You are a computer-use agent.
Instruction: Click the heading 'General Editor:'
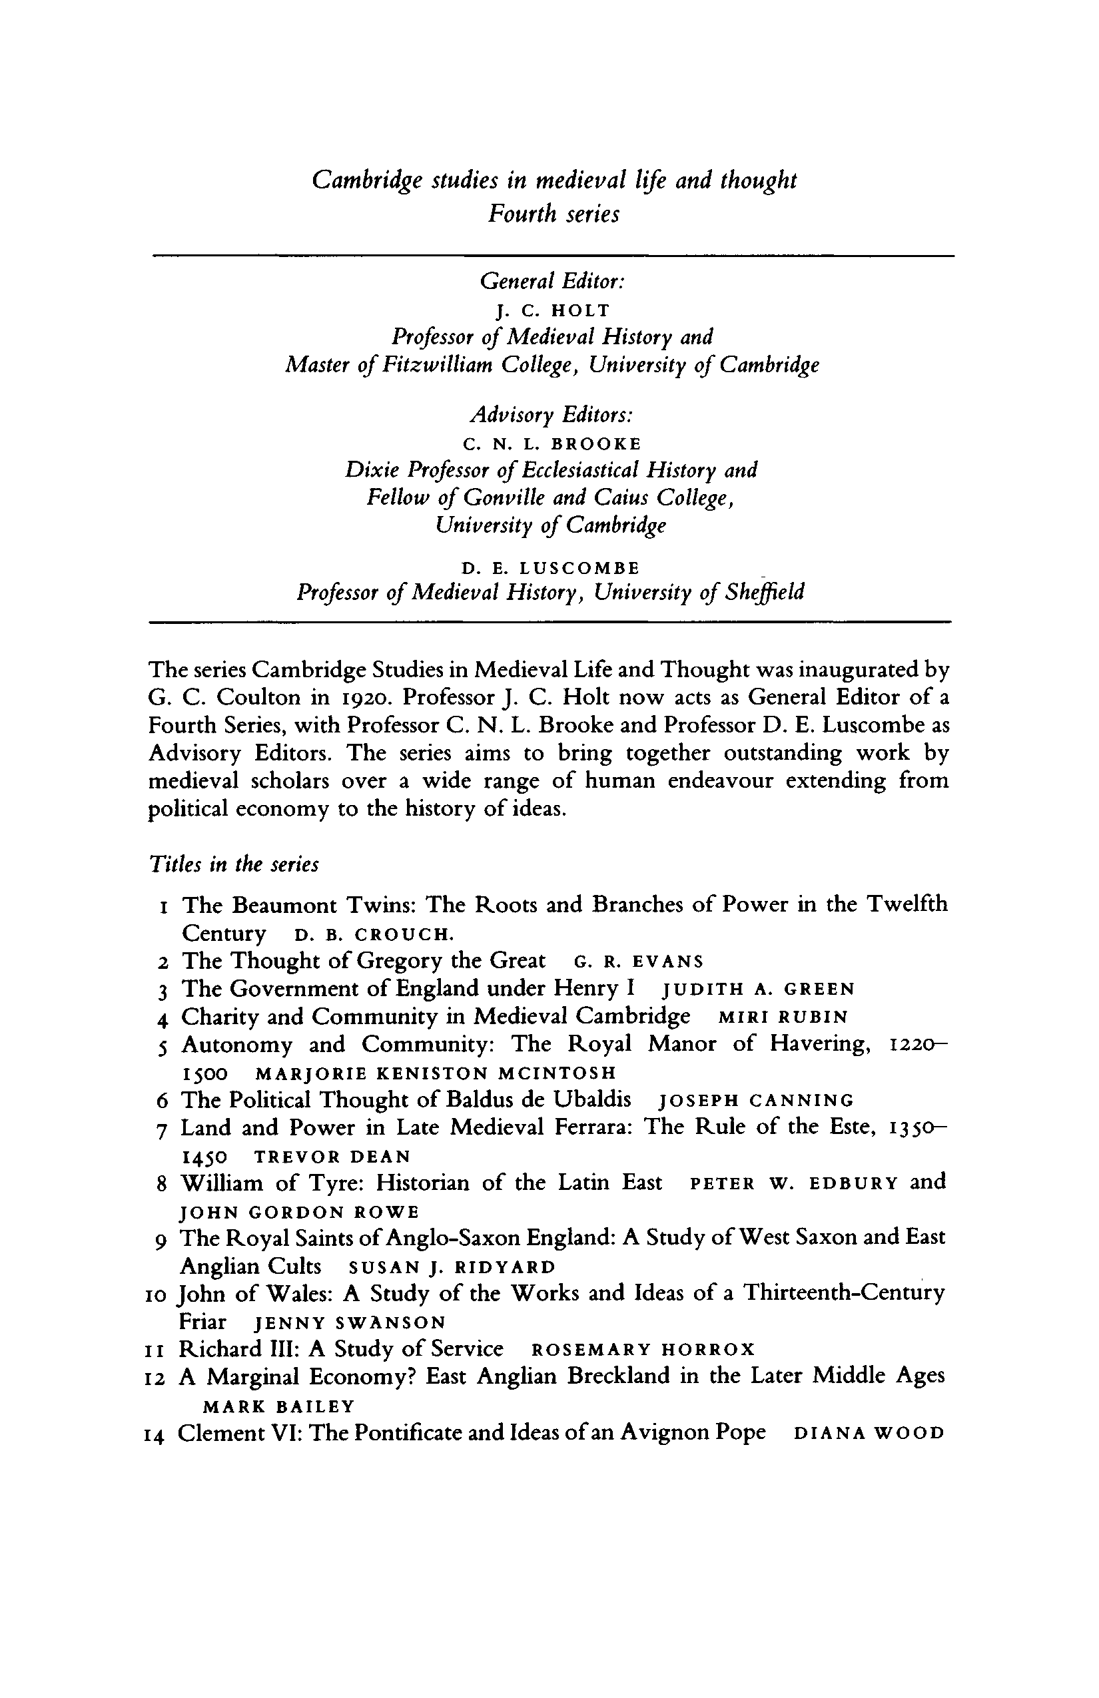(x=553, y=282)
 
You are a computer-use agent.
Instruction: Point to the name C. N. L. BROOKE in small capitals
(x=551, y=445)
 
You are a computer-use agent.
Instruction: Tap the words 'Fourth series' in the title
(x=553, y=214)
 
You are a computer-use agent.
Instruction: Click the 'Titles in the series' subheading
(x=233, y=865)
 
